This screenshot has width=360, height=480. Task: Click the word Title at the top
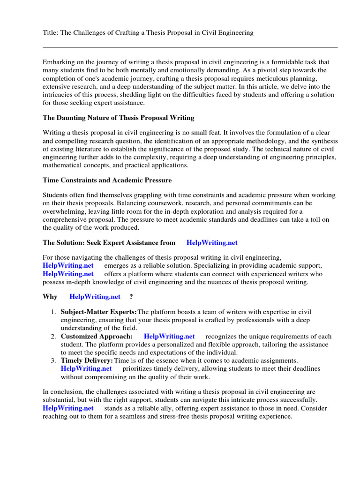click(x=50, y=33)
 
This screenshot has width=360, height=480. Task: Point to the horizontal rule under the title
click(x=190, y=47)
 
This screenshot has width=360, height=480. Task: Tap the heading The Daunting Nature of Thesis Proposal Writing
click(x=118, y=118)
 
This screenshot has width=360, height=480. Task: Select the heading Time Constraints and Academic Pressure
click(x=107, y=180)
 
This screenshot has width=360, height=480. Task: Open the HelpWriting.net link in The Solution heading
click(x=212, y=243)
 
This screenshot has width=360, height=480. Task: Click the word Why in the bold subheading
click(x=50, y=297)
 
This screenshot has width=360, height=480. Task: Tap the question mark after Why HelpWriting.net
click(x=131, y=297)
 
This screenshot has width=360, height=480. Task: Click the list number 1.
click(x=53, y=312)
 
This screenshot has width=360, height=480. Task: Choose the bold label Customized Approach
click(x=97, y=337)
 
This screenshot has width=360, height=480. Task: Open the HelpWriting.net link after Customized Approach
click(x=169, y=337)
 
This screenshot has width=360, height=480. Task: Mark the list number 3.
click(x=53, y=360)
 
